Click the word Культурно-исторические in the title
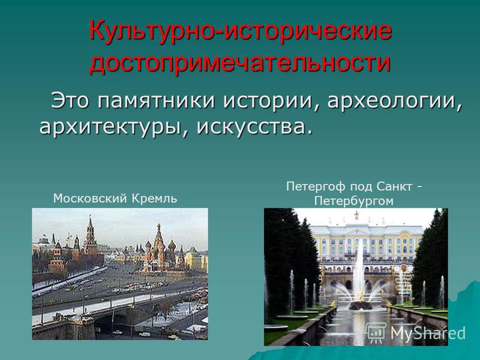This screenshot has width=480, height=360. [x=241, y=31]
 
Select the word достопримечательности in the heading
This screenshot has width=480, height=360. [x=240, y=63]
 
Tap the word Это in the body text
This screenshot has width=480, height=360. [x=70, y=100]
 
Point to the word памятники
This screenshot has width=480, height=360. [x=157, y=101]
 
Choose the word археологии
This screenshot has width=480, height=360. [x=394, y=101]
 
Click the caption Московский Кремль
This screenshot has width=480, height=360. [x=115, y=199]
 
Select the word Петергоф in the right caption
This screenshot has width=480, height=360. [x=316, y=187]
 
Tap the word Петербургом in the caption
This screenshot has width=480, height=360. [x=353, y=202]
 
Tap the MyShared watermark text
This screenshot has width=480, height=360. [x=428, y=333]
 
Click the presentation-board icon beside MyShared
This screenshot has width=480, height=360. [x=376, y=332]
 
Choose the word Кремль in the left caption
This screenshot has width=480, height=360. [x=154, y=199]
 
